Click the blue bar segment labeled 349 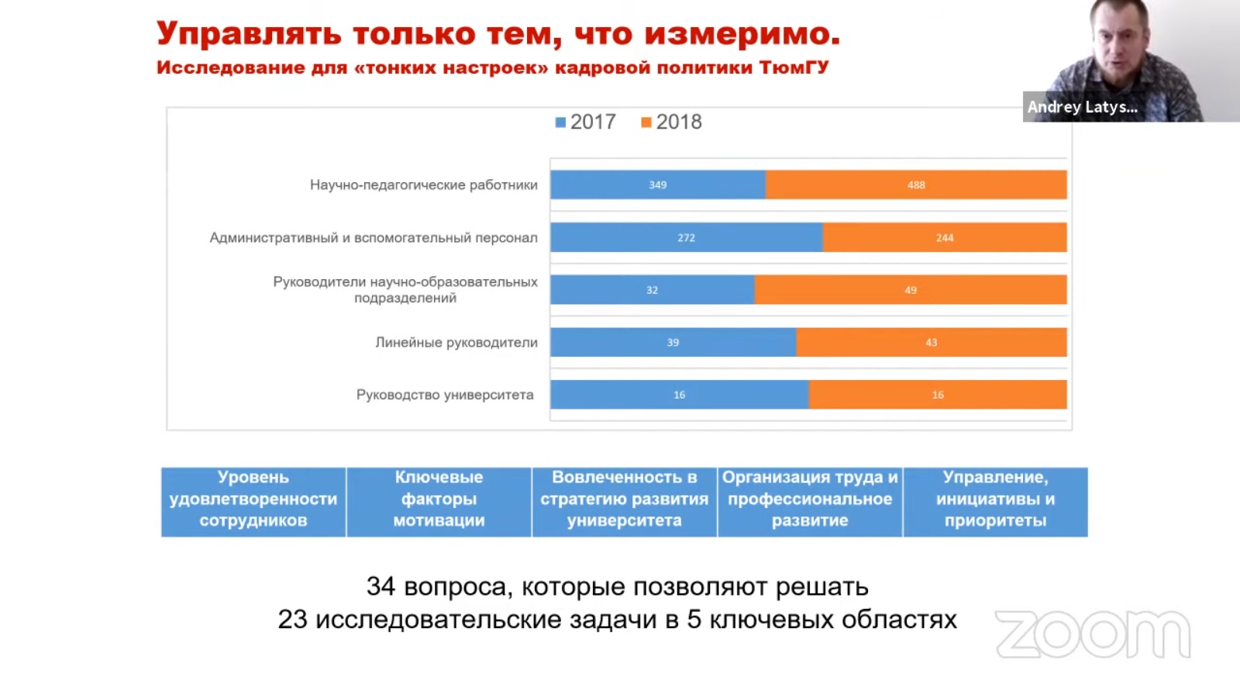[x=658, y=185]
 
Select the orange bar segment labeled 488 [x=916, y=185]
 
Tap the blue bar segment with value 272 [x=686, y=237]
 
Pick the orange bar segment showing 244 [x=944, y=237]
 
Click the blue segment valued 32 [x=652, y=290]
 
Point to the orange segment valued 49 [x=911, y=290]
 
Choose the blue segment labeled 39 [x=673, y=342]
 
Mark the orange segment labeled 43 [x=931, y=342]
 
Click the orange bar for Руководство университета [x=938, y=395]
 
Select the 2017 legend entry [x=586, y=123]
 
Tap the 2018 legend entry [x=672, y=123]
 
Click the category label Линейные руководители [x=456, y=342]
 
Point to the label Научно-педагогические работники [x=423, y=185]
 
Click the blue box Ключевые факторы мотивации [x=439, y=499]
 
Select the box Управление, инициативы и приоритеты [x=995, y=499]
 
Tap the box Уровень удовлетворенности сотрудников [x=253, y=499]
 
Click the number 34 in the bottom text [x=381, y=587]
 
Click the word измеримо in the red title [x=742, y=34]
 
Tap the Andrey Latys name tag [x=1082, y=107]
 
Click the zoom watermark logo [x=1093, y=634]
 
